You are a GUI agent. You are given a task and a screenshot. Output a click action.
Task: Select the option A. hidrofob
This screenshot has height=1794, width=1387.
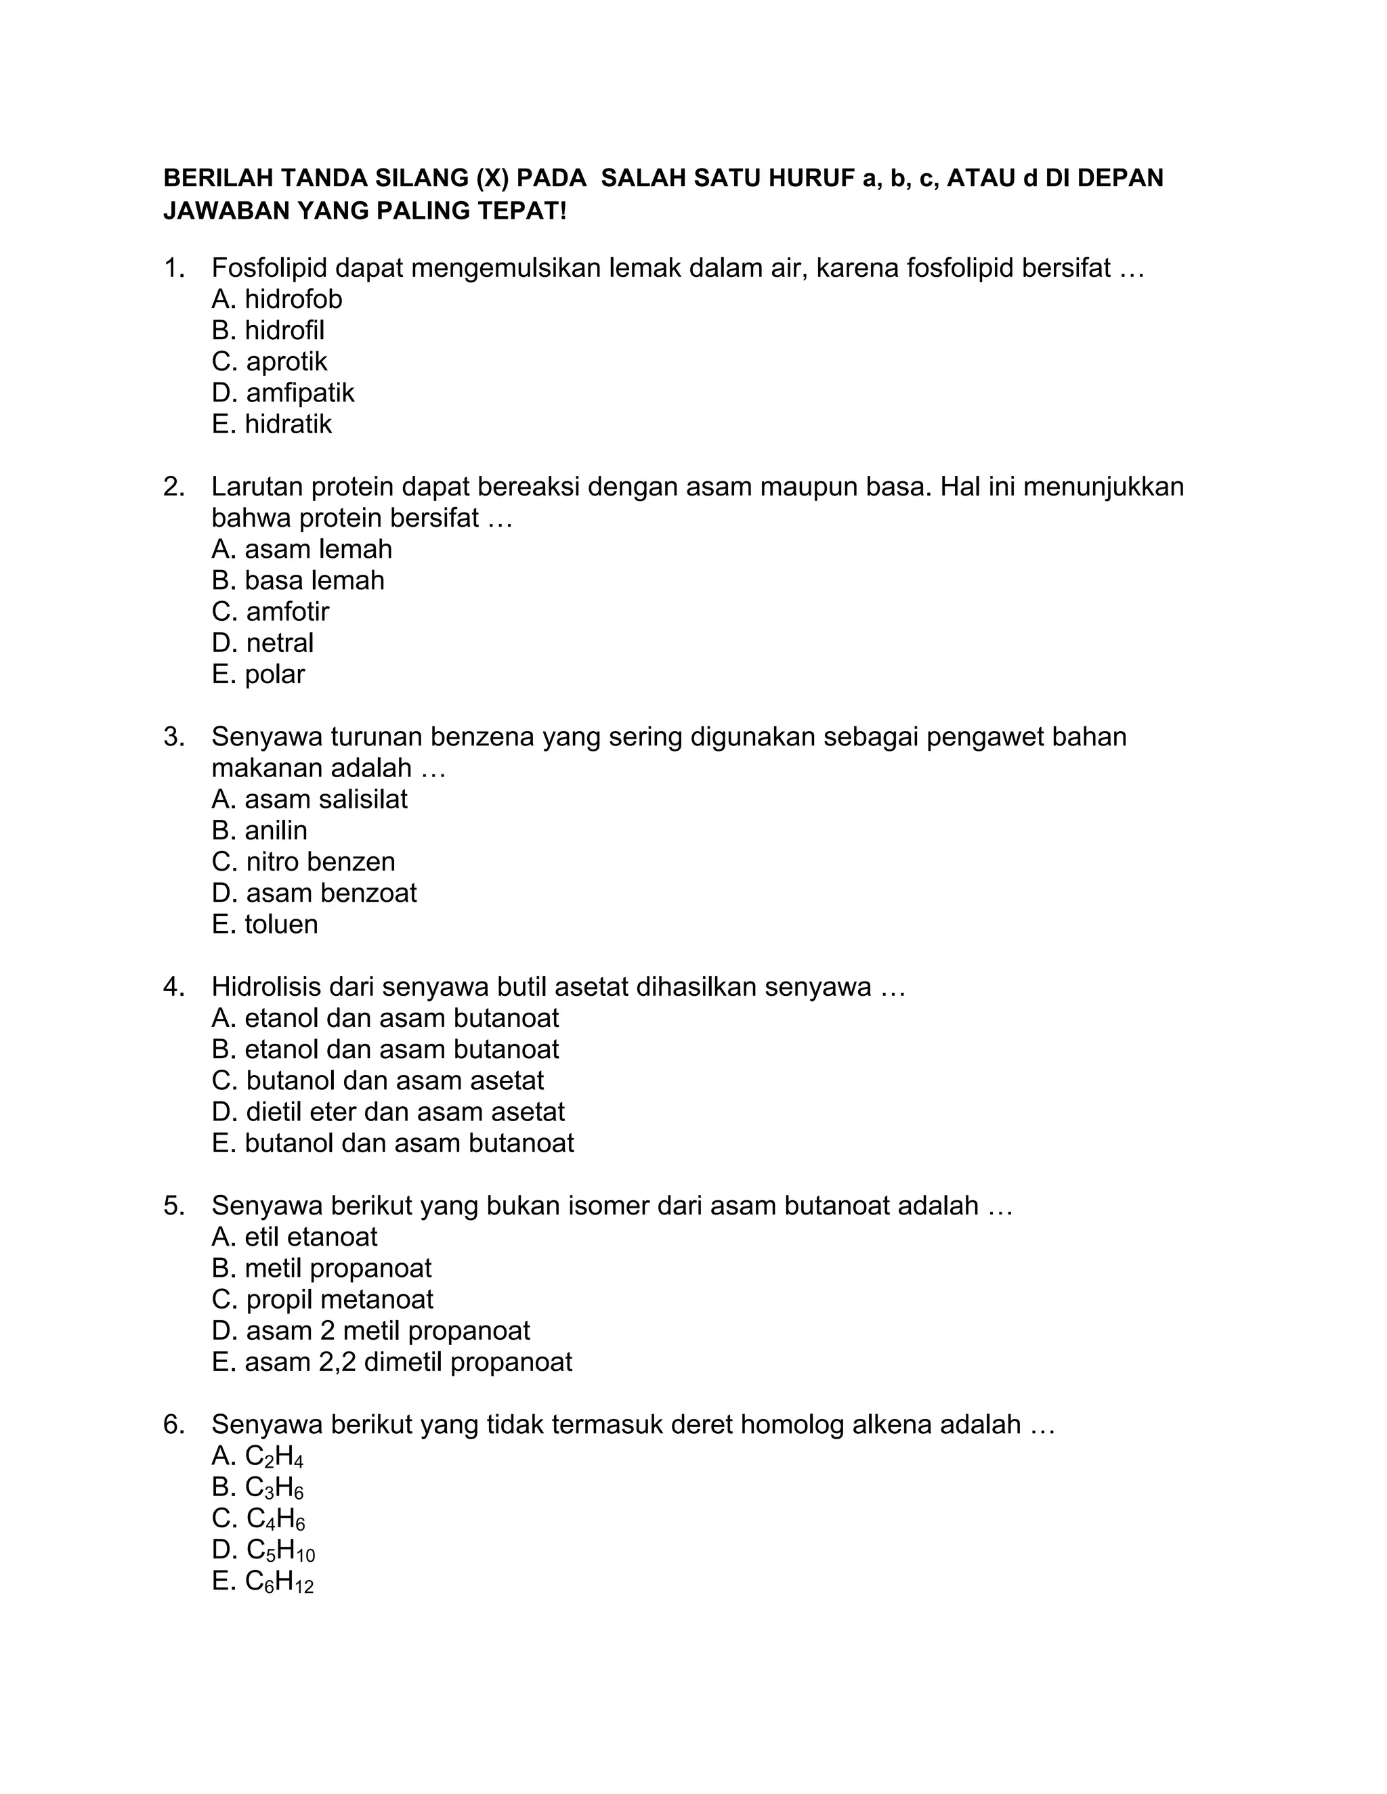(277, 299)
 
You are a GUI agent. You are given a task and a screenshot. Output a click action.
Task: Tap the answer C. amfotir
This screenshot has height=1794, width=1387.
(270, 611)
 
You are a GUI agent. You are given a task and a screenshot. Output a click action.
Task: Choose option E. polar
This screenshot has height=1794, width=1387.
(258, 674)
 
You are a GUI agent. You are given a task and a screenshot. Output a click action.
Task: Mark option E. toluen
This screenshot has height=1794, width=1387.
(265, 924)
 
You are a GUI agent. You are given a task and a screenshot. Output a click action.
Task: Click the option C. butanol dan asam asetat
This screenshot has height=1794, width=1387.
(377, 1080)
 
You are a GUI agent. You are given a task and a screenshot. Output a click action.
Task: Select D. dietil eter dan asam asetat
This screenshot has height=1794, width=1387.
(388, 1112)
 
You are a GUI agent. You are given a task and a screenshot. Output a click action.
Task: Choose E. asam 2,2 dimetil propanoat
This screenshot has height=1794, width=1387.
(391, 1362)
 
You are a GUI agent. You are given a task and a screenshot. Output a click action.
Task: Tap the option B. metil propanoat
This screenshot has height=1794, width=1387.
(321, 1268)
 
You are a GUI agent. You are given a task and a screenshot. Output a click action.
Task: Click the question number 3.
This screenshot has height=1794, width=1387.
(173, 737)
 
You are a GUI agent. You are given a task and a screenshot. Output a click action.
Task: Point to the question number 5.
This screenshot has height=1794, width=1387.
(173, 1206)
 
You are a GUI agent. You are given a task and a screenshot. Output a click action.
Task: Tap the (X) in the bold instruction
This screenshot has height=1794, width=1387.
(492, 178)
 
